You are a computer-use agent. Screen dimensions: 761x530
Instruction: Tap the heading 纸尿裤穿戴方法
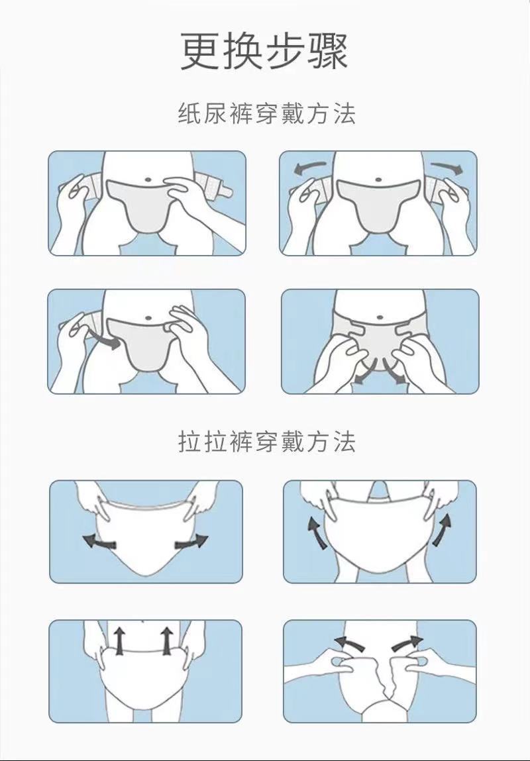pos(266,114)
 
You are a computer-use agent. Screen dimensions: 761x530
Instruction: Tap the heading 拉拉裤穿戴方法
pos(266,442)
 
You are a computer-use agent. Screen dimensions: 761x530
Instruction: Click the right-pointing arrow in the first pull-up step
pos(192,542)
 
